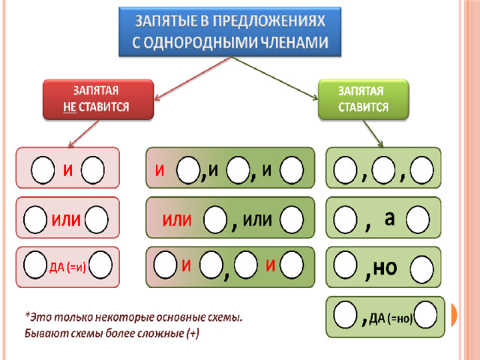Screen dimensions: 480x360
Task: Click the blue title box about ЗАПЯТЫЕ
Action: pos(229,31)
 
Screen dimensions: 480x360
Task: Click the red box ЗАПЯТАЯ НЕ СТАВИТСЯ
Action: pos(98,100)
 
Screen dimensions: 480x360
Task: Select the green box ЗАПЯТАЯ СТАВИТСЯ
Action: pos(363,100)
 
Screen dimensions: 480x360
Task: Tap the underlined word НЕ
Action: pos(70,107)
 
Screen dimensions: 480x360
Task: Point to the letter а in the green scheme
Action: pos(389,218)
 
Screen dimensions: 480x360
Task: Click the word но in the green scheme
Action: pos(385,267)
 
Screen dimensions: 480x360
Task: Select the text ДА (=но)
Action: pos(391,319)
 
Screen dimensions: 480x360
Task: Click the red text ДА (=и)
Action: pos(67,267)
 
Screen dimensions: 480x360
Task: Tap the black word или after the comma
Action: pos(257,220)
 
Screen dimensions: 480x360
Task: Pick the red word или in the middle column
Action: pos(177,220)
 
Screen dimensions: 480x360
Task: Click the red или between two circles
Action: pos(66,220)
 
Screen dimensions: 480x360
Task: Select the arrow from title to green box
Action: pos(274,78)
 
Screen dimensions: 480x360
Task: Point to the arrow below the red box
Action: pos(83,133)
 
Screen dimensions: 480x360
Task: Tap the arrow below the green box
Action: pos(373,133)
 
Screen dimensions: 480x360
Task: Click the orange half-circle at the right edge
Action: pos(454,315)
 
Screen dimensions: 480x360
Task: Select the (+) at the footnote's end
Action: pos(193,333)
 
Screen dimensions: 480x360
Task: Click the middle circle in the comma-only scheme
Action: pos(383,170)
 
